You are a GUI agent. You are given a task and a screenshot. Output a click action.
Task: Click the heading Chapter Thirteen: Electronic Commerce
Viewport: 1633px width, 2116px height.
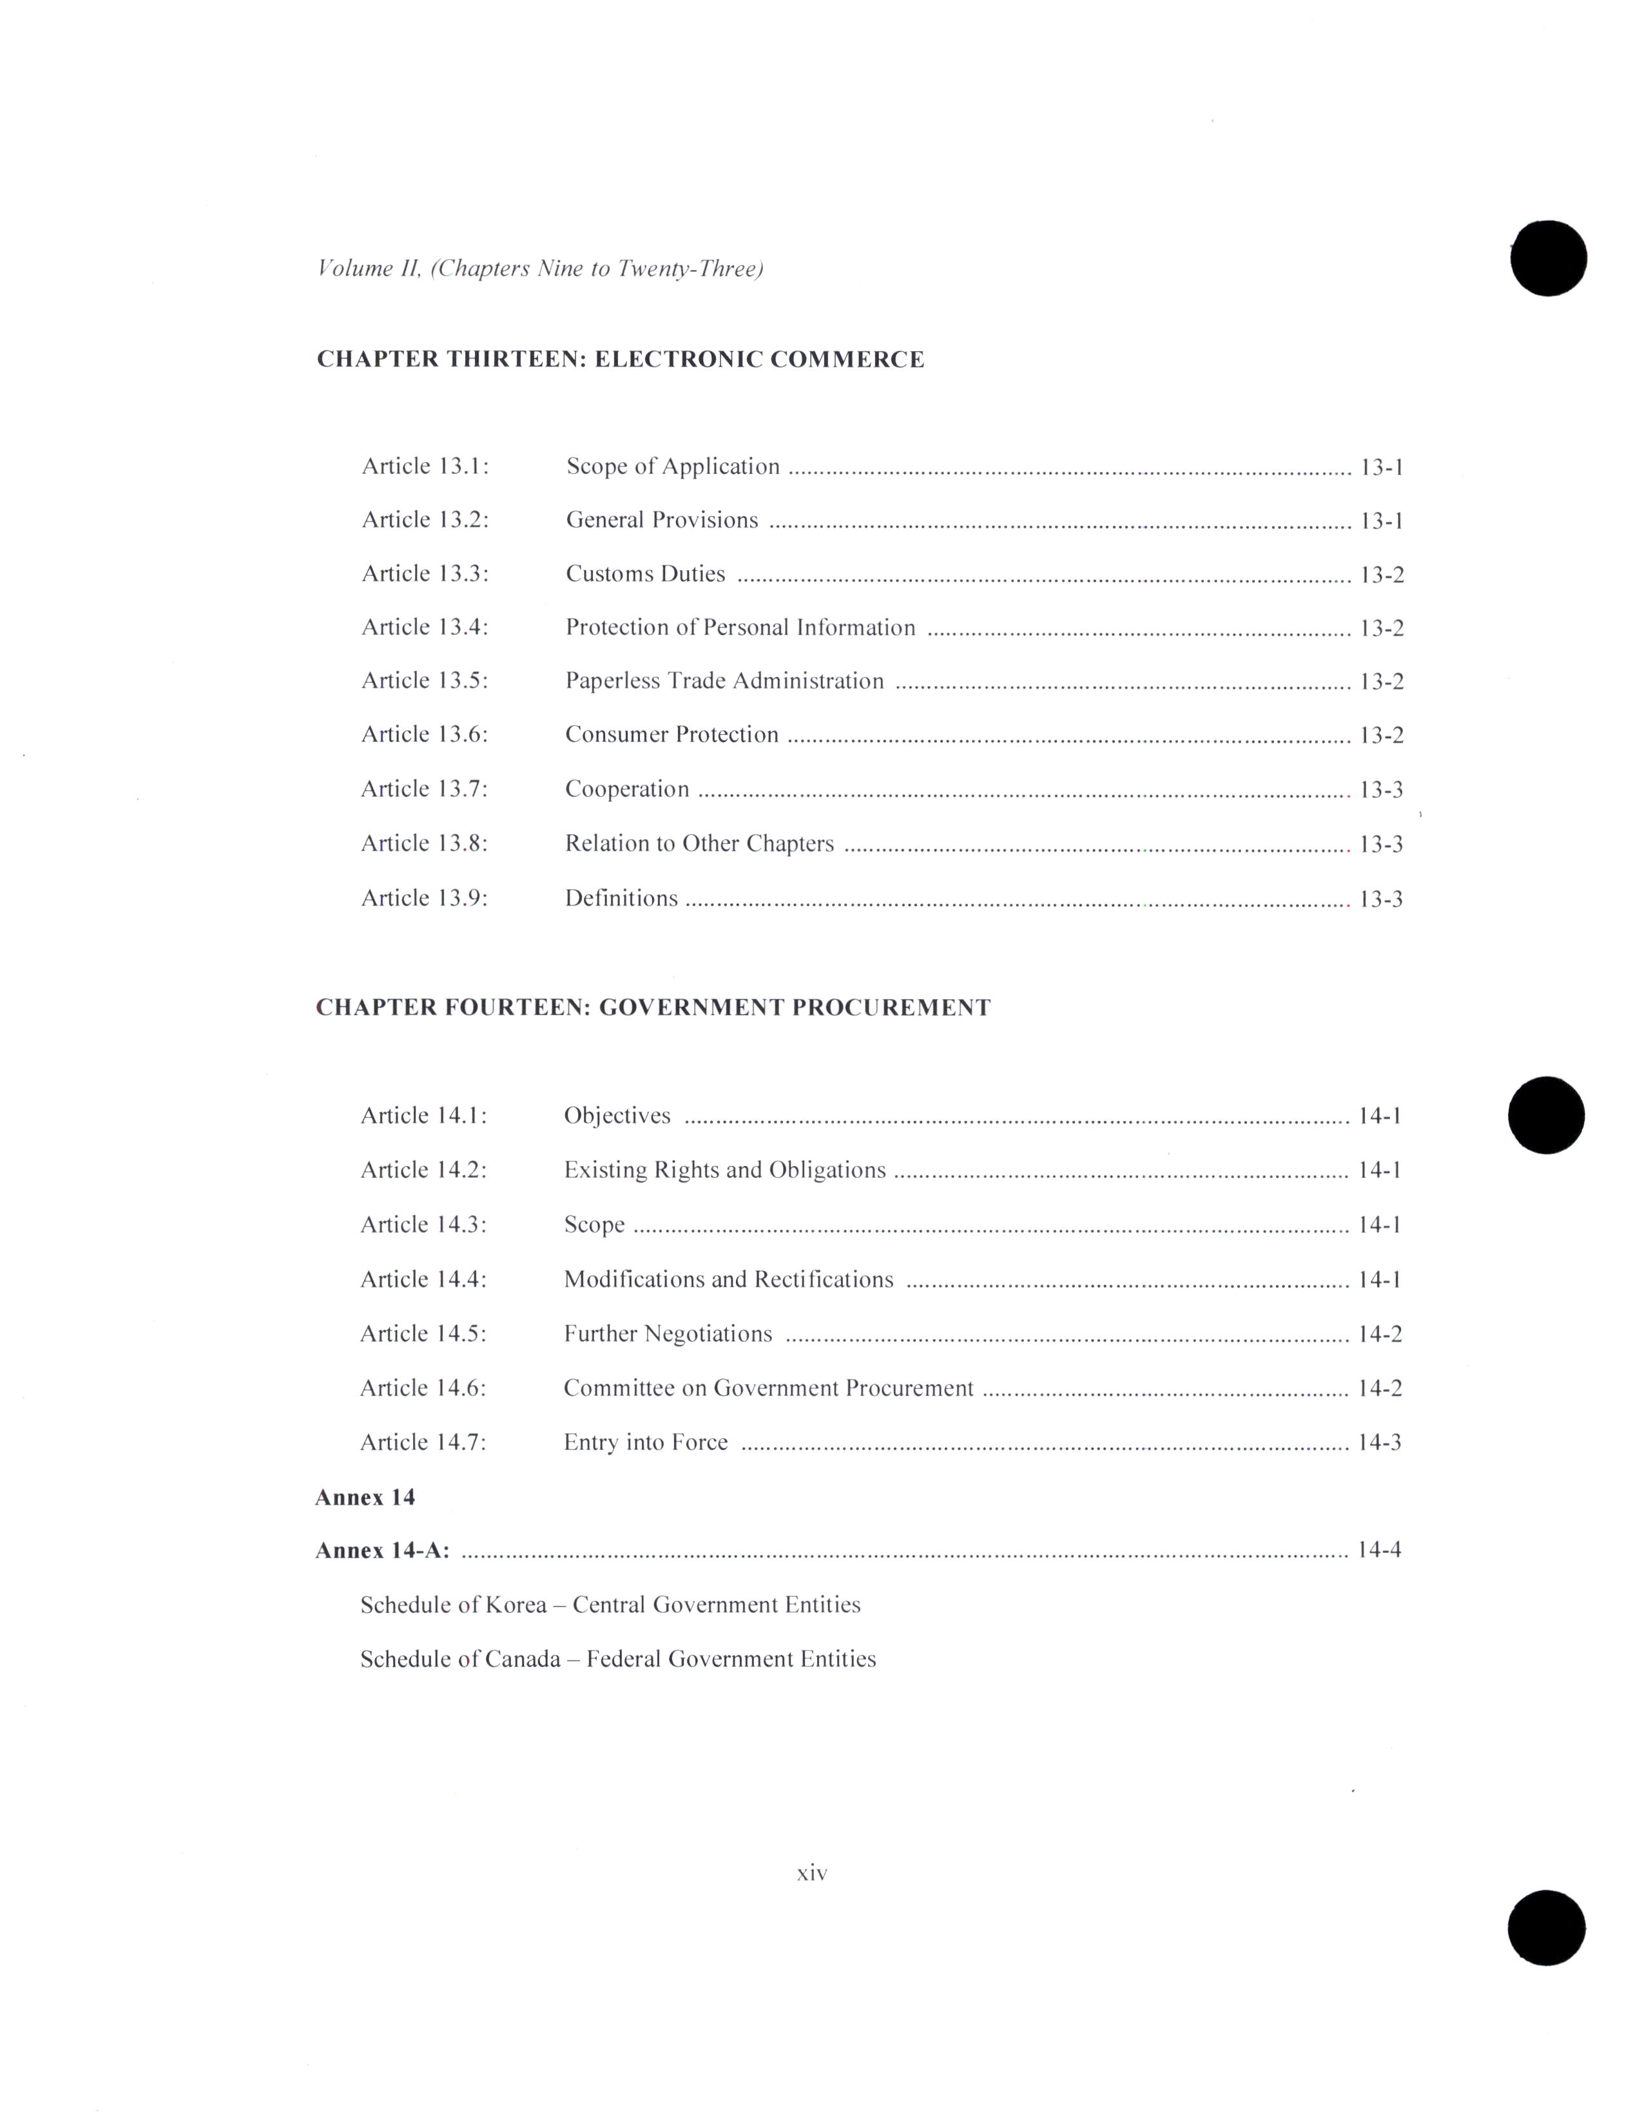(x=620, y=359)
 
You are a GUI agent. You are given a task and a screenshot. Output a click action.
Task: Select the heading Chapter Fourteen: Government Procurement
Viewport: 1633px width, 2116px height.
(x=653, y=1007)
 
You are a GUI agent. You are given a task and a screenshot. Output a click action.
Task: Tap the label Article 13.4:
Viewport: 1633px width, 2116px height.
(x=425, y=628)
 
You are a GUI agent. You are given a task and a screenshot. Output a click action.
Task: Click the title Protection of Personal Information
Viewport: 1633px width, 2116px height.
(x=740, y=628)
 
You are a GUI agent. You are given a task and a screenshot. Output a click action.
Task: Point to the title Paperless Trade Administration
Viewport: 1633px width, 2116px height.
(x=725, y=681)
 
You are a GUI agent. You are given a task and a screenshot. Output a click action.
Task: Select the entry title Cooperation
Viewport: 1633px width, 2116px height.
(x=627, y=790)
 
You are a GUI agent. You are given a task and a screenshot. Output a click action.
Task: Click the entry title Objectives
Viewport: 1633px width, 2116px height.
(x=617, y=1116)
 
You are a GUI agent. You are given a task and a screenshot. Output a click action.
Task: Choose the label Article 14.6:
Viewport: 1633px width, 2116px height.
(x=423, y=1388)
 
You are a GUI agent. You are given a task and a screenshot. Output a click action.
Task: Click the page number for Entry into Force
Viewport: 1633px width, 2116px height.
(x=1380, y=1443)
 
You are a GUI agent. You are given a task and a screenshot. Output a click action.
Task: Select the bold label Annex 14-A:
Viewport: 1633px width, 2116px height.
(x=383, y=1551)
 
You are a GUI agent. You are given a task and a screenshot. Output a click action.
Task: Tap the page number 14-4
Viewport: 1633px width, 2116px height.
(x=1380, y=1550)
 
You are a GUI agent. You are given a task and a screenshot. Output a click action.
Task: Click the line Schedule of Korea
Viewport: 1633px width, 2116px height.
(x=610, y=1605)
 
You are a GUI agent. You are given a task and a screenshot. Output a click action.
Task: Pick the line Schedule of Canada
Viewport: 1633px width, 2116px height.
(x=618, y=1660)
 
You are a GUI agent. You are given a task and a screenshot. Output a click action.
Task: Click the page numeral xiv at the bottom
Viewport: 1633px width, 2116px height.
(x=812, y=1874)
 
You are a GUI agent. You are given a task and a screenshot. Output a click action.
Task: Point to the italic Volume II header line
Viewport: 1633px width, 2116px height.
(x=541, y=269)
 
